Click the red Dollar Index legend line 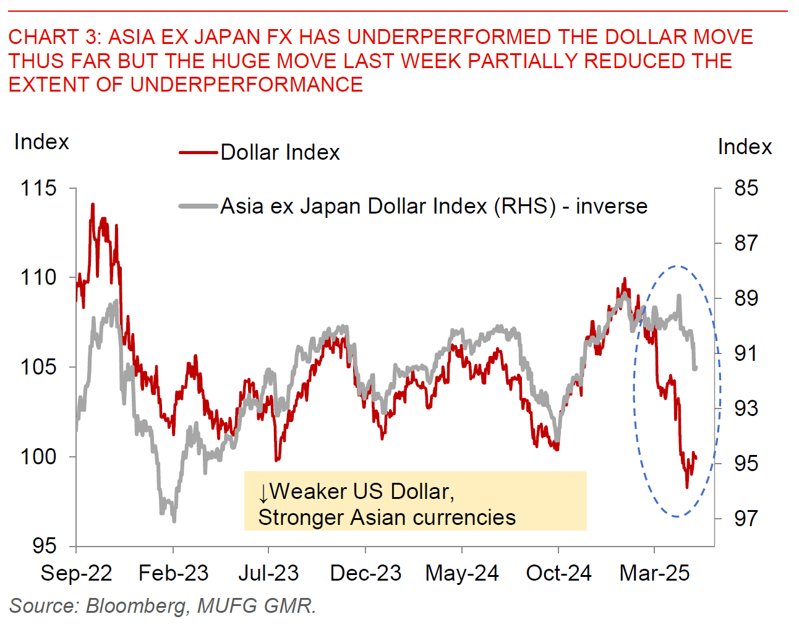pyautogui.click(x=199, y=152)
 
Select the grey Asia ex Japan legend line pyautogui.click(x=199, y=206)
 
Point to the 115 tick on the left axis pyautogui.click(x=38, y=188)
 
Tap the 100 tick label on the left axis pyautogui.click(x=38, y=457)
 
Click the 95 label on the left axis pyautogui.click(x=44, y=546)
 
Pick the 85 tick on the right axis pyautogui.click(x=746, y=188)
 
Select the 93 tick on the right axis pyautogui.click(x=746, y=409)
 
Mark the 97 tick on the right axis pyautogui.click(x=746, y=518)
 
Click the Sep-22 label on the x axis pyautogui.click(x=76, y=573)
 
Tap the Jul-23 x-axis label pyautogui.click(x=268, y=573)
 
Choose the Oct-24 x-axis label pyautogui.click(x=558, y=573)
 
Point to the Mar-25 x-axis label pyautogui.click(x=654, y=573)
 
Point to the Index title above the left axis pyautogui.click(x=41, y=142)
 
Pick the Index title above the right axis pyautogui.click(x=745, y=147)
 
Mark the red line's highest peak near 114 pyautogui.click(x=93, y=204)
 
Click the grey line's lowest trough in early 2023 pyautogui.click(x=174, y=520)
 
